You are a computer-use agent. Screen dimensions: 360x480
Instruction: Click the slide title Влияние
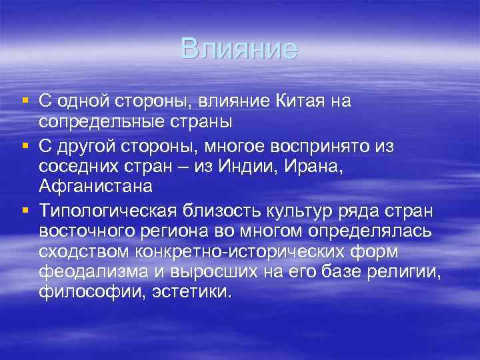[239, 49]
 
